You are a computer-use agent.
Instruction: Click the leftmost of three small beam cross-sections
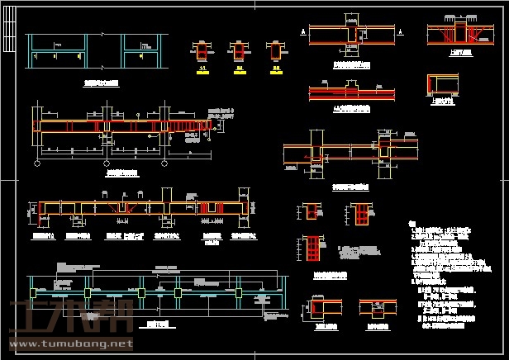pyautogui.click(x=201, y=51)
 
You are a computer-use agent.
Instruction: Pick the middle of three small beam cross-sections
pyautogui.click(x=239, y=51)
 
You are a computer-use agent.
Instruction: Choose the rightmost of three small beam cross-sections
pyautogui.click(x=276, y=51)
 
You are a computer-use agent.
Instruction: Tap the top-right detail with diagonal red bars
pyautogui.click(x=457, y=34)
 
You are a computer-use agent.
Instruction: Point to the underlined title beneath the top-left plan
pyautogui.click(x=101, y=83)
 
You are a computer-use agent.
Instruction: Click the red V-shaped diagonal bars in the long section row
pyautogui.click(x=122, y=209)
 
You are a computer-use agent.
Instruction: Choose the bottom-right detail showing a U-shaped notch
pyautogui.click(x=375, y=309)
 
